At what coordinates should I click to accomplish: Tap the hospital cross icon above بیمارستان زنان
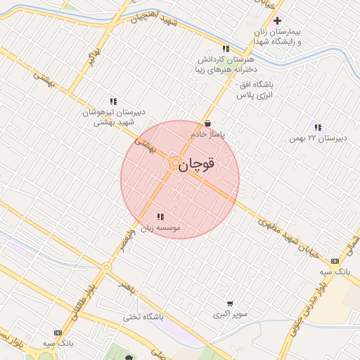[278, 21]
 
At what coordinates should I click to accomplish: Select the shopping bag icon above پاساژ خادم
[207, 123]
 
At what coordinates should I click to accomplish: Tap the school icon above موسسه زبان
[160, 217]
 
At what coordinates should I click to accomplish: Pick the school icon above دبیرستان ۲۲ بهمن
[318, 128]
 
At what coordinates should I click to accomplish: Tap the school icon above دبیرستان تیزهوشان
[113, 101]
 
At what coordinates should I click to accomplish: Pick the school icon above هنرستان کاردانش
[225, 49]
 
